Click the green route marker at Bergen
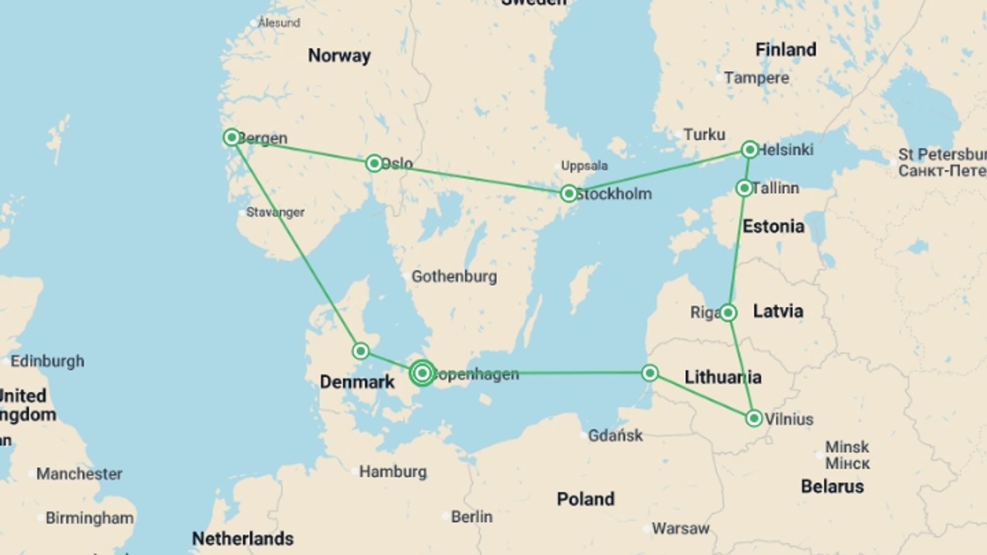(232, 137)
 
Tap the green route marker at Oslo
(374, 163)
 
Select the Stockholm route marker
(569, 194)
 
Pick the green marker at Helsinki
(750, 150)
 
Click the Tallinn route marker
(744, 188)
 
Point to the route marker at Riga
(727, 312)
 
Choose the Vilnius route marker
(754, 418)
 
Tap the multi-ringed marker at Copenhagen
(422, 373)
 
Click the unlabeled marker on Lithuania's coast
(650, 373)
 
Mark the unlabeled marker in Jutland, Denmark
(361, 351)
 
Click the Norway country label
(339, 55)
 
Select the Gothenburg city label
(454, 276)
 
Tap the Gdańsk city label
(615, 436)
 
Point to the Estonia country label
(773, 226)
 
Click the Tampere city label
(756, 78)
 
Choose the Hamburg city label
(393, 472)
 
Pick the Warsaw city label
(680, 528)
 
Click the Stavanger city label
(275, 212)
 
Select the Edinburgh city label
(47, 361)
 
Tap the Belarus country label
(832, 487)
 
